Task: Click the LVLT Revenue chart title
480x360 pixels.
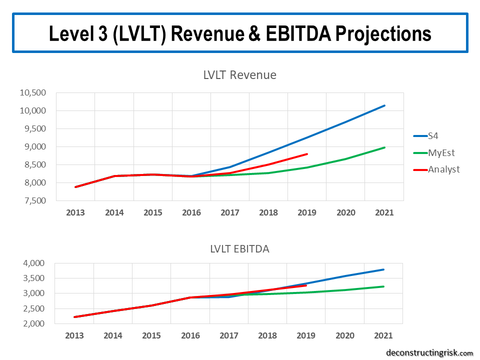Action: tap(239, 75)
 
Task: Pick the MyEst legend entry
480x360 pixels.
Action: tap(441, 152)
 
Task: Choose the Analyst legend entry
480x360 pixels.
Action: tap(443, 169)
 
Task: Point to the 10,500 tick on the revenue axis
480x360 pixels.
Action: tap(32, 92)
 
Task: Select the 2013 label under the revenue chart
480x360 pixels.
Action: tap(75, 212)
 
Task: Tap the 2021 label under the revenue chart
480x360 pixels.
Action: tap(384, 212)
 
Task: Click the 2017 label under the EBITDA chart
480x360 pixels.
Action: tap(229, 335)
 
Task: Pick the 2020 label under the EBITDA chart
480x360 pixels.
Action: tap(345, 335)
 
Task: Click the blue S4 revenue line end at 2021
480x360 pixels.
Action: tap(384, 105)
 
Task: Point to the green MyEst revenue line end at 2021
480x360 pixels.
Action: tap(384, 147)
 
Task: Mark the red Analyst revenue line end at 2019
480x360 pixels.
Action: tap(307, 154)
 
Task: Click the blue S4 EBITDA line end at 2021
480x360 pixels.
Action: tap(384, 269)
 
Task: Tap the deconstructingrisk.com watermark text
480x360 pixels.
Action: tap(429, 353)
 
